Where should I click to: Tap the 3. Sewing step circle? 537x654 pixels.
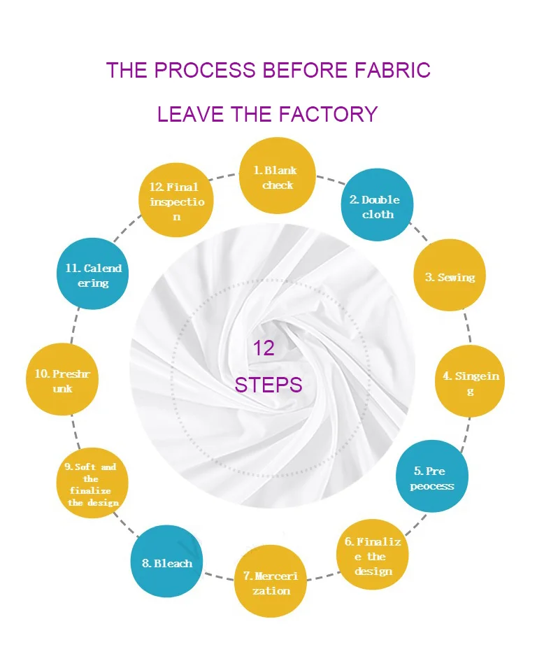coord(450,277)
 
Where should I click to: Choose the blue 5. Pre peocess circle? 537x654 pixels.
coord(431,477)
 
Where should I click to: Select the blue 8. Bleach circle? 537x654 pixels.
coord(168,562)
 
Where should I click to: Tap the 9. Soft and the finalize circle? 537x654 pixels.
coord(93,483)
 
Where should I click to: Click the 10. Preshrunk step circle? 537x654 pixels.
coord(62,381)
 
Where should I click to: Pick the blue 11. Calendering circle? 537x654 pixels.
coord(92,275)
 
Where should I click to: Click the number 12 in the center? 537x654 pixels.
coord(264,348)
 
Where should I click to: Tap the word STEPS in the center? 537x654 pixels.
coord(268,385)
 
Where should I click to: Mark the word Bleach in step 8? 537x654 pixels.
coord(173,563)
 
